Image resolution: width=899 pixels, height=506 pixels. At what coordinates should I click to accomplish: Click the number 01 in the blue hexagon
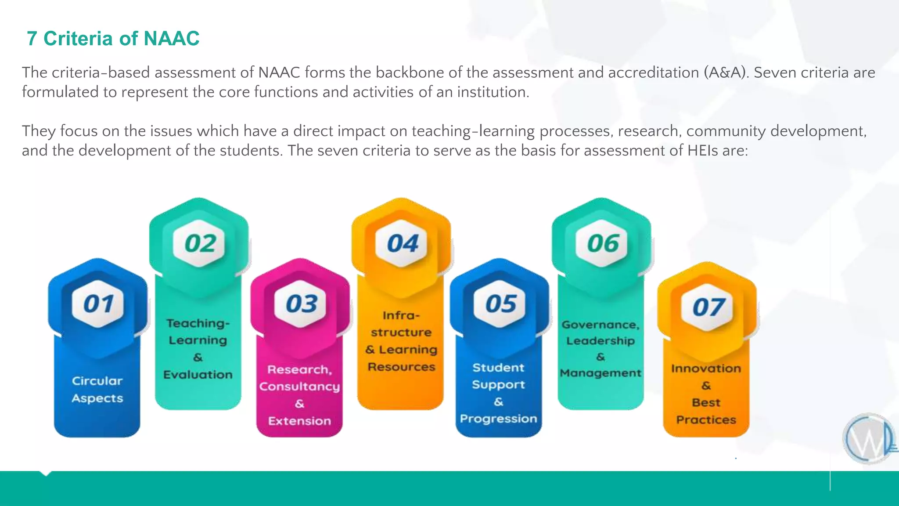click(x=98, y=304)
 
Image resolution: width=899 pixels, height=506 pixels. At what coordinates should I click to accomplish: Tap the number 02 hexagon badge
click(x=200, y=244)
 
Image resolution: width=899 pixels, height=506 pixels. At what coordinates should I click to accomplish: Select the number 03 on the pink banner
click(x=301, y=304)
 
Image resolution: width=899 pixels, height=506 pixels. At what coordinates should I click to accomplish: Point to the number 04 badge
click(x=402, y=244)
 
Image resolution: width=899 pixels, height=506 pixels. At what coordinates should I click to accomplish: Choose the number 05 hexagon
click(x=500, y=304)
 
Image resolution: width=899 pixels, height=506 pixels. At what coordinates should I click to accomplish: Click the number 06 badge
click(x=603, y=244)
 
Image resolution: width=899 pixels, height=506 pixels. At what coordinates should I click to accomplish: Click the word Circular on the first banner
click(x=97, y=381)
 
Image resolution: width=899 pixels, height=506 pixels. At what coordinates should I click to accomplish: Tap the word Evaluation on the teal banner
click(x=198, y=375)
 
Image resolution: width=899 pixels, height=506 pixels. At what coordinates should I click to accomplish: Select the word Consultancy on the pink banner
click(x=299, y=387)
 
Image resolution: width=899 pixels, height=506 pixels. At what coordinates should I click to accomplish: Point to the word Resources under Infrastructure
click(x=401, y=367)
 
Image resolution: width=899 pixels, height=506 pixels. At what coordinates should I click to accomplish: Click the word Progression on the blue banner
click(x=498, y=419)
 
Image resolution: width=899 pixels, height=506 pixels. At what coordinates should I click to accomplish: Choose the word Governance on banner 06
click(x=600, y=325)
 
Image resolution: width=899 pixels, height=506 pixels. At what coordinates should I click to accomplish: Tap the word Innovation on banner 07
click(x=706, y=369)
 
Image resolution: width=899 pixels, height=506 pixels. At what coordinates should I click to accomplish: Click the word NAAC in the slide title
click(x=172, y=39)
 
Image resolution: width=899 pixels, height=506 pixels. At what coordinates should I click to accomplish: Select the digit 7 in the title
click(x=32, y=39)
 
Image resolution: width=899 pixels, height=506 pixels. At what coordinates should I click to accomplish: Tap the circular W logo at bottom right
click(x=868, y=439)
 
